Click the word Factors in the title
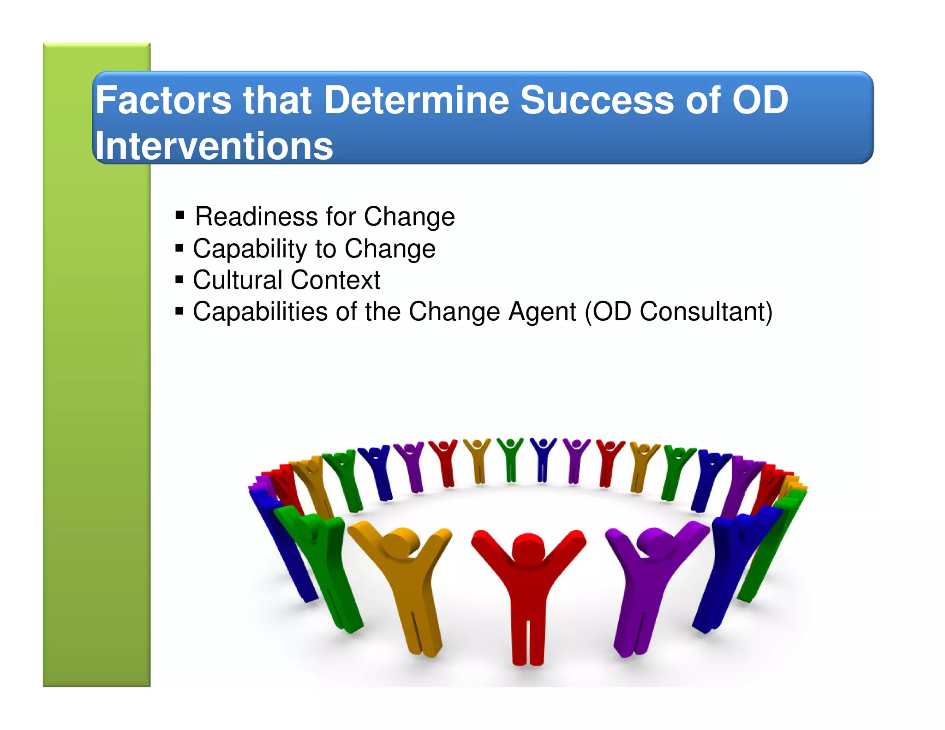pos(163,100)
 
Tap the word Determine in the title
pos(416,100)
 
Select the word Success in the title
pos(597,100)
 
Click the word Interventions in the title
pos(214,146)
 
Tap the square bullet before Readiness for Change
pos(180,215)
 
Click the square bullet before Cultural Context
pos(179,279)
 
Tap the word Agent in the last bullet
pos(542,311)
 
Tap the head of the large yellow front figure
pos(400,542)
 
